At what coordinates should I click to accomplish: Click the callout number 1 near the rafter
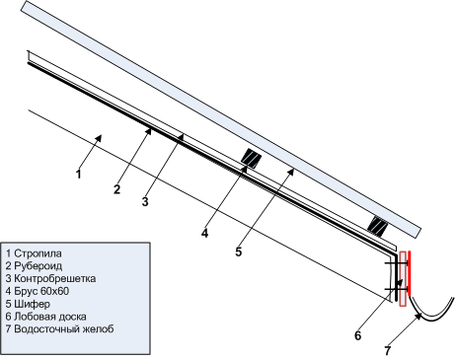point(78,174)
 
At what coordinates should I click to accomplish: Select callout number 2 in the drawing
point(116,189)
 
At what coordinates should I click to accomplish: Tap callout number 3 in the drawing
point(145,201)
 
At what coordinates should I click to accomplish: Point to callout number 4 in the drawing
point(204,233)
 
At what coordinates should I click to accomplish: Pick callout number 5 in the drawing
point(239,252)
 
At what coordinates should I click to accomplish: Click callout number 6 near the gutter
point(357,335)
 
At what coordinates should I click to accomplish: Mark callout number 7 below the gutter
point(387,350)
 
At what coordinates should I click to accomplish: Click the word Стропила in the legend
point(38,253)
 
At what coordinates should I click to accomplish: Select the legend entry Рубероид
point(38,265)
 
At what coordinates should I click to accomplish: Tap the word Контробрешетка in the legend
point(55,278)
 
